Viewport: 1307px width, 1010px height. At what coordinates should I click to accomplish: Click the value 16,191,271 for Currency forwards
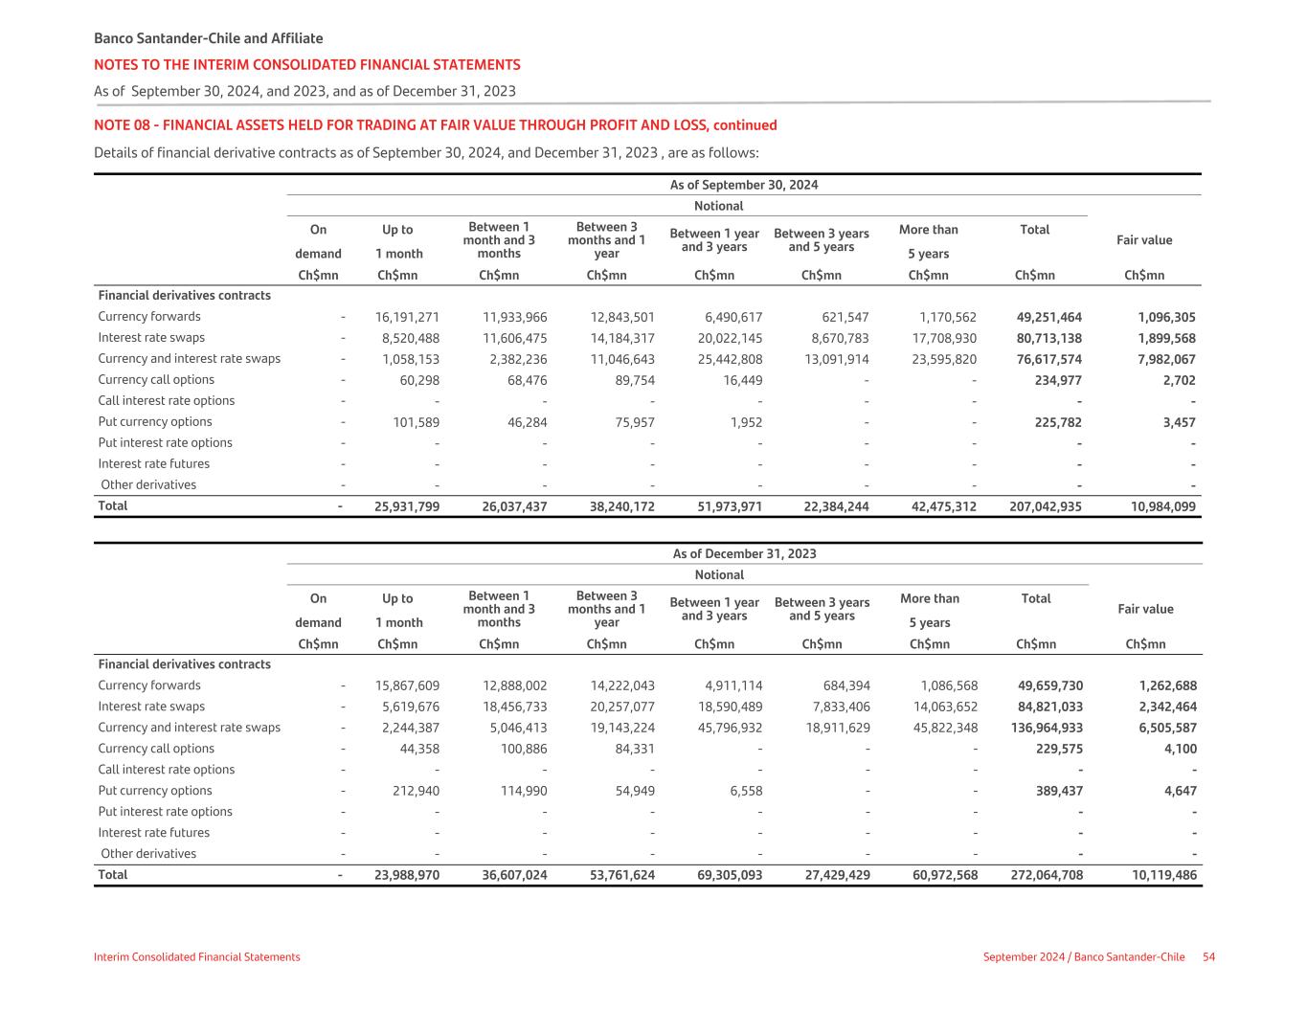click(x=407, y=317)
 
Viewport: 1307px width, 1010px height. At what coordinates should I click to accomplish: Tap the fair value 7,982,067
click(x=1166, y=359)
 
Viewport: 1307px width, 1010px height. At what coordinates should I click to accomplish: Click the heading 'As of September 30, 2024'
click(x=744, y=185)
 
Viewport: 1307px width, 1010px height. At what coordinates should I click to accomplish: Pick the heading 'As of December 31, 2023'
click(x=744, y=553)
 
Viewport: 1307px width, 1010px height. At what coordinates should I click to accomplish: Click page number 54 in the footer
click(x=1208, y=957)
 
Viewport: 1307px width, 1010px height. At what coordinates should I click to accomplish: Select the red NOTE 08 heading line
click(x=435, y=125)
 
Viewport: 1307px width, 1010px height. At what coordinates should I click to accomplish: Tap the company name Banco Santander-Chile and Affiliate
click(x=208, y=39)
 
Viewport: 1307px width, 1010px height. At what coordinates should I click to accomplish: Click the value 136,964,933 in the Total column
click(x=1047, y=728)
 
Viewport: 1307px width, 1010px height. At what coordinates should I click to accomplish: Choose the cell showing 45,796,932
click(x=730, y=728)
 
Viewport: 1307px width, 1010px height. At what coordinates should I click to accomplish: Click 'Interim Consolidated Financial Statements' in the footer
click(x=196, y=957)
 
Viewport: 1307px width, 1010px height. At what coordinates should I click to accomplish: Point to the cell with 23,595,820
click(x=944, y=359)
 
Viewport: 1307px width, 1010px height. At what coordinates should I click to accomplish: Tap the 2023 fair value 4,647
click(x=1179, y=791)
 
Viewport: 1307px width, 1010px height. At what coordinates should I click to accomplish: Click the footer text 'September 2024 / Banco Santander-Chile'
click(x=1083, y=957)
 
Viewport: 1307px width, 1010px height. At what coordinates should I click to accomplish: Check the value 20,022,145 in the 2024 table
click(x=730, y=338)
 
